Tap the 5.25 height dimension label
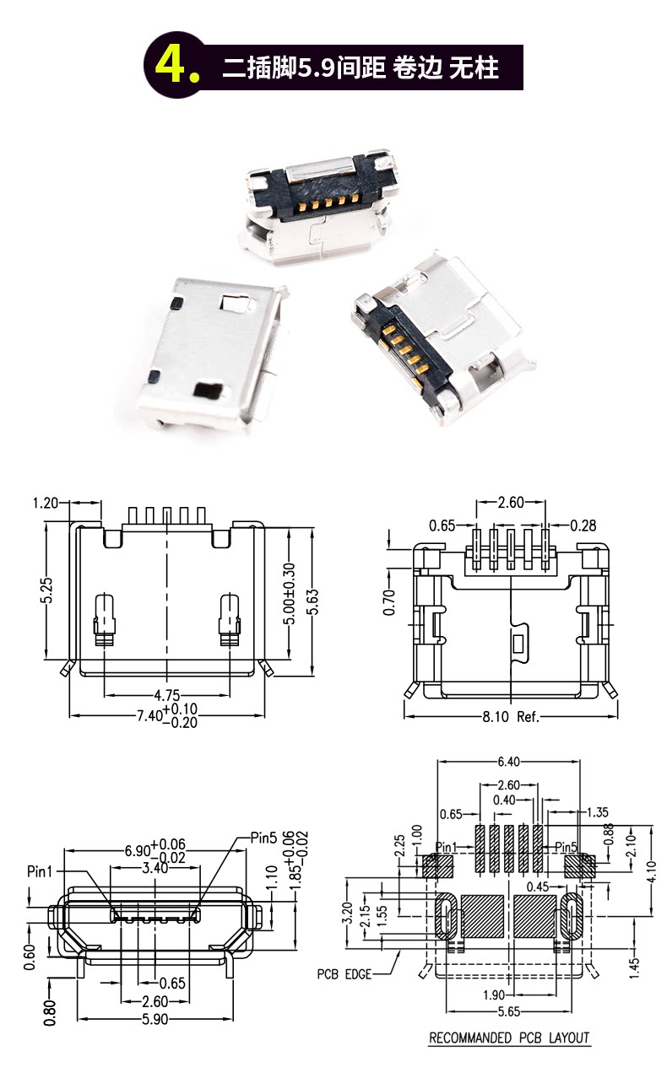(46, 590)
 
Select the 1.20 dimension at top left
(46, 504)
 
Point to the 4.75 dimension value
(166, 695)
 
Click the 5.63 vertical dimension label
(313, 602)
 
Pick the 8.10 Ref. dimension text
(511, 717)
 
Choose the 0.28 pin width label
(583, 526)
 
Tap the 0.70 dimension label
(389, 602)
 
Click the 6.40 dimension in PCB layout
(508, 762)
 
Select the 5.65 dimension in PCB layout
(509, 1011)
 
